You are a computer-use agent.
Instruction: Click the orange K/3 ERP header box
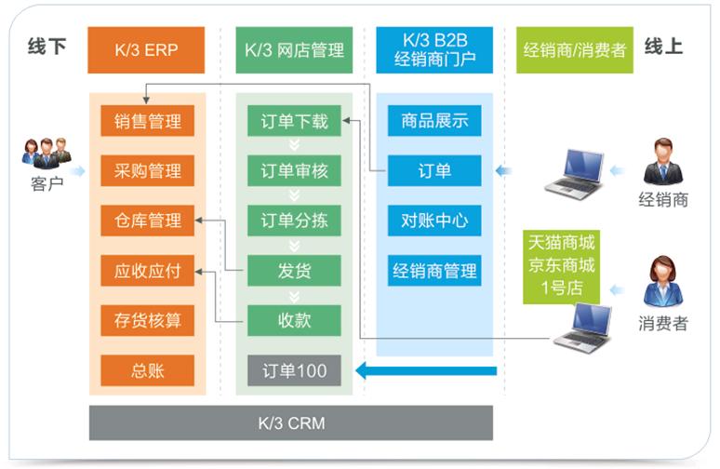coord(146,49)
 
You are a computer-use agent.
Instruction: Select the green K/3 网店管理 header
coord(294,49)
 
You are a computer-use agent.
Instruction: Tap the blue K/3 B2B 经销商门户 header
coord(434,49)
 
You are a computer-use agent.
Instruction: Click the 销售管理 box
coord(147,121)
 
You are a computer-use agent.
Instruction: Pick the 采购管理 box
coord(147,171)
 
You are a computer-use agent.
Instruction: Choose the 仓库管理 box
coord(147,221)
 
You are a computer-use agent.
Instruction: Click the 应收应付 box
coord(147,272)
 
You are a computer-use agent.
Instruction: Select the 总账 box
coord(147,370)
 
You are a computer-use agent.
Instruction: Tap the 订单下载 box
coord(294,121)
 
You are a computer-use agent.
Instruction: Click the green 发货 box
coord(294,272)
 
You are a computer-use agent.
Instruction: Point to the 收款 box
coord(294,321)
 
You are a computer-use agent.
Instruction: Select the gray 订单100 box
coord(294,370)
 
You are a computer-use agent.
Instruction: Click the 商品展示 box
coord(434,121)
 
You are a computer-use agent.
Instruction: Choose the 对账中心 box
coord(434,221)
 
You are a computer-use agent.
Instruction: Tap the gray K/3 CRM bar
coord(290,423)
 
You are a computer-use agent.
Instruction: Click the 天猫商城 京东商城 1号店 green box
coord(562,265)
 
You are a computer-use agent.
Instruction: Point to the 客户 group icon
coord(46,151)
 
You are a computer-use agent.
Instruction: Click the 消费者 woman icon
coord(663,282)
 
